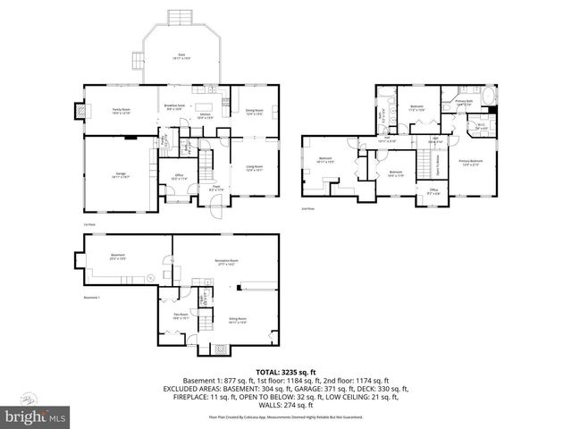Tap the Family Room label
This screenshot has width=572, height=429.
pos(121,112)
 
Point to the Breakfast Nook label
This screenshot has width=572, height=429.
pos(175,105)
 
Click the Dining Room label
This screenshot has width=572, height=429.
pos(255,112)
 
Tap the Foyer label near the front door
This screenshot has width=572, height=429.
pos(216,187)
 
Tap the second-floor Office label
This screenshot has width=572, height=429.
pos(433,190)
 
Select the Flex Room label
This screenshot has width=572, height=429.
pos(180,315)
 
